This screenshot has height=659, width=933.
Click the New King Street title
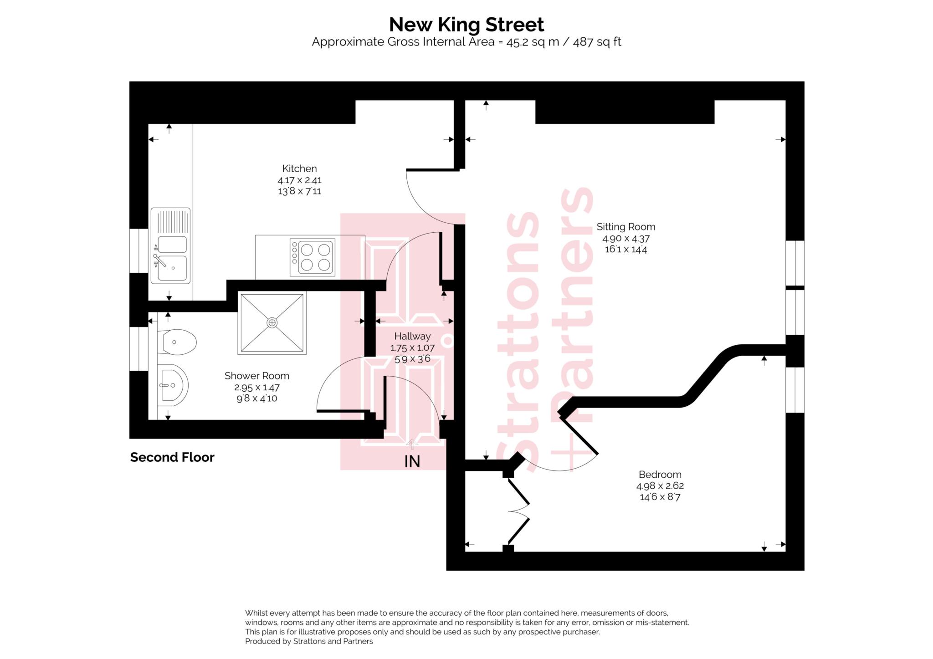[x=466, y=25]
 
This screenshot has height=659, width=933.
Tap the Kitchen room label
[x=299, y=169]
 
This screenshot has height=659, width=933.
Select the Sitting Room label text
[x=625, y=227]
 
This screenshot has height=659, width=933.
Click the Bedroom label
[x=660, y=475]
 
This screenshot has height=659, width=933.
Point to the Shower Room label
[x=256, y=376]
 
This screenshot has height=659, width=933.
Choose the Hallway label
[x=412, y=336]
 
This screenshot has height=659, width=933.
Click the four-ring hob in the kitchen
[x=313, y=257]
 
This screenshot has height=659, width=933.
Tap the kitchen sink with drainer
[x=171, y=246]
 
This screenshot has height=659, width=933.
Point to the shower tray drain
[x=272, y=323]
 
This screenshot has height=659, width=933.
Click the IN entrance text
[x=412, y=462]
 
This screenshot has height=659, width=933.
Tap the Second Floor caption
[x=172, y=457]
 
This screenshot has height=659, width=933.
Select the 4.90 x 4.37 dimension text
[x=625, y=238]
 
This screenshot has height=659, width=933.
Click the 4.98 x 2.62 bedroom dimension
[x=660, y=486]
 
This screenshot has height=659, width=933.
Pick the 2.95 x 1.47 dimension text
[x=256, y=387]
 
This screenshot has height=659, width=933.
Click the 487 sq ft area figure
[x=597, y=42]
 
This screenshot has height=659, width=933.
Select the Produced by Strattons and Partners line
[x=309, y=641]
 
